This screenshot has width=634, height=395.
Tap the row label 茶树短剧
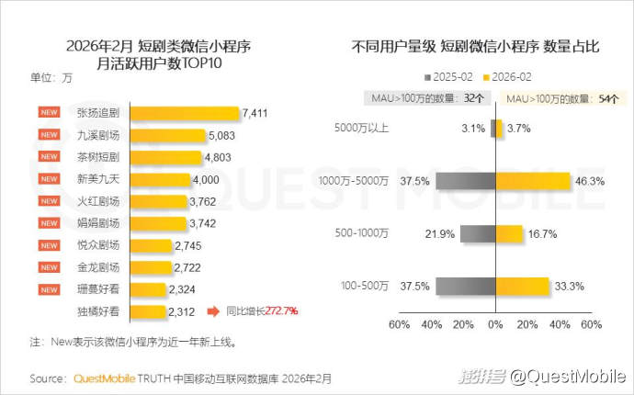click(97, 157)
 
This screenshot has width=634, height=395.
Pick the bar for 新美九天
click(162, 179)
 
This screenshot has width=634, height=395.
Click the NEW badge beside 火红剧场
click(49, 201)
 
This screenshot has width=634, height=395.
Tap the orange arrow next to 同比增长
click(212, 312)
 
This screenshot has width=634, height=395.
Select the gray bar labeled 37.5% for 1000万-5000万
click(466, 181)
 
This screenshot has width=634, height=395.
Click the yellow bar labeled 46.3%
click(533, 181)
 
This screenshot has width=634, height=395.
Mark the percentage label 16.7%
click(544, 234)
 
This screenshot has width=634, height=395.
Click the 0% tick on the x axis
click(496, 324)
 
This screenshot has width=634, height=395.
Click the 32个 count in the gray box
click(474, 96)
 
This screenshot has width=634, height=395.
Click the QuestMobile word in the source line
click(104, 378)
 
